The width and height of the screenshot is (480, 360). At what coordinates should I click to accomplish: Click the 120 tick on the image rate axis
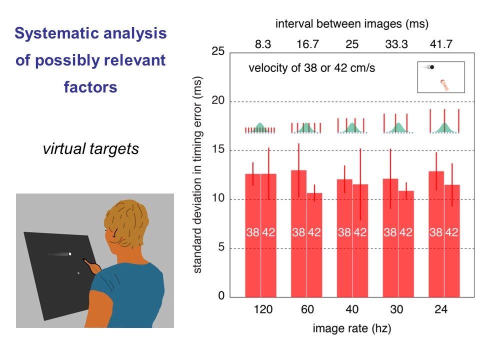tap(263, 309)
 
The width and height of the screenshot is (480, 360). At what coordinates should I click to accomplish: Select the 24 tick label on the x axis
tap(440, 309)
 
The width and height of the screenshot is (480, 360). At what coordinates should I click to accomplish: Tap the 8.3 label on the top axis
tap(263, 44)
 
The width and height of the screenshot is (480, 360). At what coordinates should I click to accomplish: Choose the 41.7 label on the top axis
tap(440, 44)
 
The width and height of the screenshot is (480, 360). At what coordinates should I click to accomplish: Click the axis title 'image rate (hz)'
tap(352, 328)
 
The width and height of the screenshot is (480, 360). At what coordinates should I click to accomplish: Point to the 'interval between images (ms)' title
tap(352, 23)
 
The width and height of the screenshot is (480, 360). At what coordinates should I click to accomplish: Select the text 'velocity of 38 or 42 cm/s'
tap(311, 68)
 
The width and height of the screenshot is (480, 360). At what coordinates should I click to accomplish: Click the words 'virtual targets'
tap(90, 148)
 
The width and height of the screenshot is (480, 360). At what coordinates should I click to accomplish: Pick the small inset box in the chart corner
tap(441, 77)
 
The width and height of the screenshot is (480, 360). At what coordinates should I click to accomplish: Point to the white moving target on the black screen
tap(70, 254)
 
